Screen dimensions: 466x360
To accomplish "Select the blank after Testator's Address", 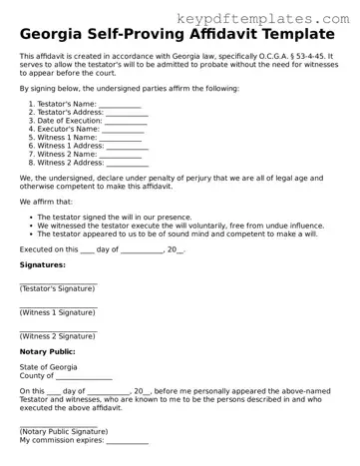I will (127, 115).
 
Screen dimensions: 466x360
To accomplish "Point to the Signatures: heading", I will (43, 264).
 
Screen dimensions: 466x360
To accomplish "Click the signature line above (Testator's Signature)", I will (58, 283).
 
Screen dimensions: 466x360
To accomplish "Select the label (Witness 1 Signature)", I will (57, 312).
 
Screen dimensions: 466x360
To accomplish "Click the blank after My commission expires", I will (127, 441).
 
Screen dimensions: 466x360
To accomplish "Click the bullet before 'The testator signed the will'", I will (29, 216).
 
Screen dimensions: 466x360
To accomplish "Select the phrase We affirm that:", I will (47, 202).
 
